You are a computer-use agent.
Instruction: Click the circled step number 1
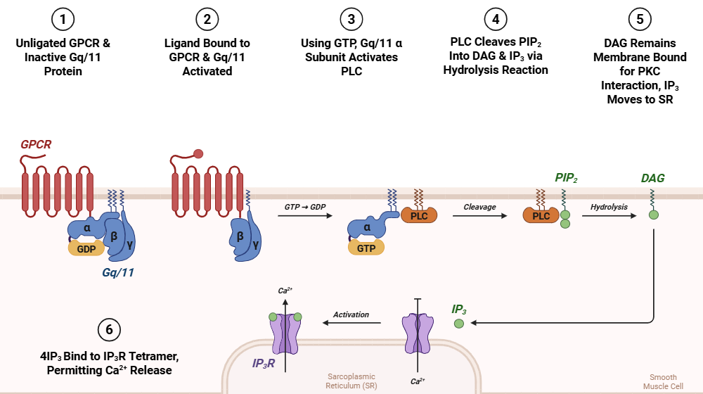coord(63,19)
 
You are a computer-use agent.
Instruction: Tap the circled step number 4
coord(496,19)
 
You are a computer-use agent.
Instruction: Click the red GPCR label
coord(36,145)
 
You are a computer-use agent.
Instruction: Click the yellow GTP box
coord(366,247)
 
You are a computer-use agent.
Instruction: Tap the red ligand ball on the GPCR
coord(198,154)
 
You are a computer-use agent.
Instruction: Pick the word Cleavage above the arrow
coord(479,207)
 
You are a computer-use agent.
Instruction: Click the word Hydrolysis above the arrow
coord(609,207)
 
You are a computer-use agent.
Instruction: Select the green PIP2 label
coord(566,178)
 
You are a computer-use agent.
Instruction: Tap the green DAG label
coord(653,179)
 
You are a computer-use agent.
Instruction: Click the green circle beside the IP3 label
coord(459,324)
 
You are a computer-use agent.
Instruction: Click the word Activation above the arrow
coord(351,314)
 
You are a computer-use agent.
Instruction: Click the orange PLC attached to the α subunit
coord(419,216)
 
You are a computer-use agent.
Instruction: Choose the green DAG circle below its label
coord(653,214)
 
